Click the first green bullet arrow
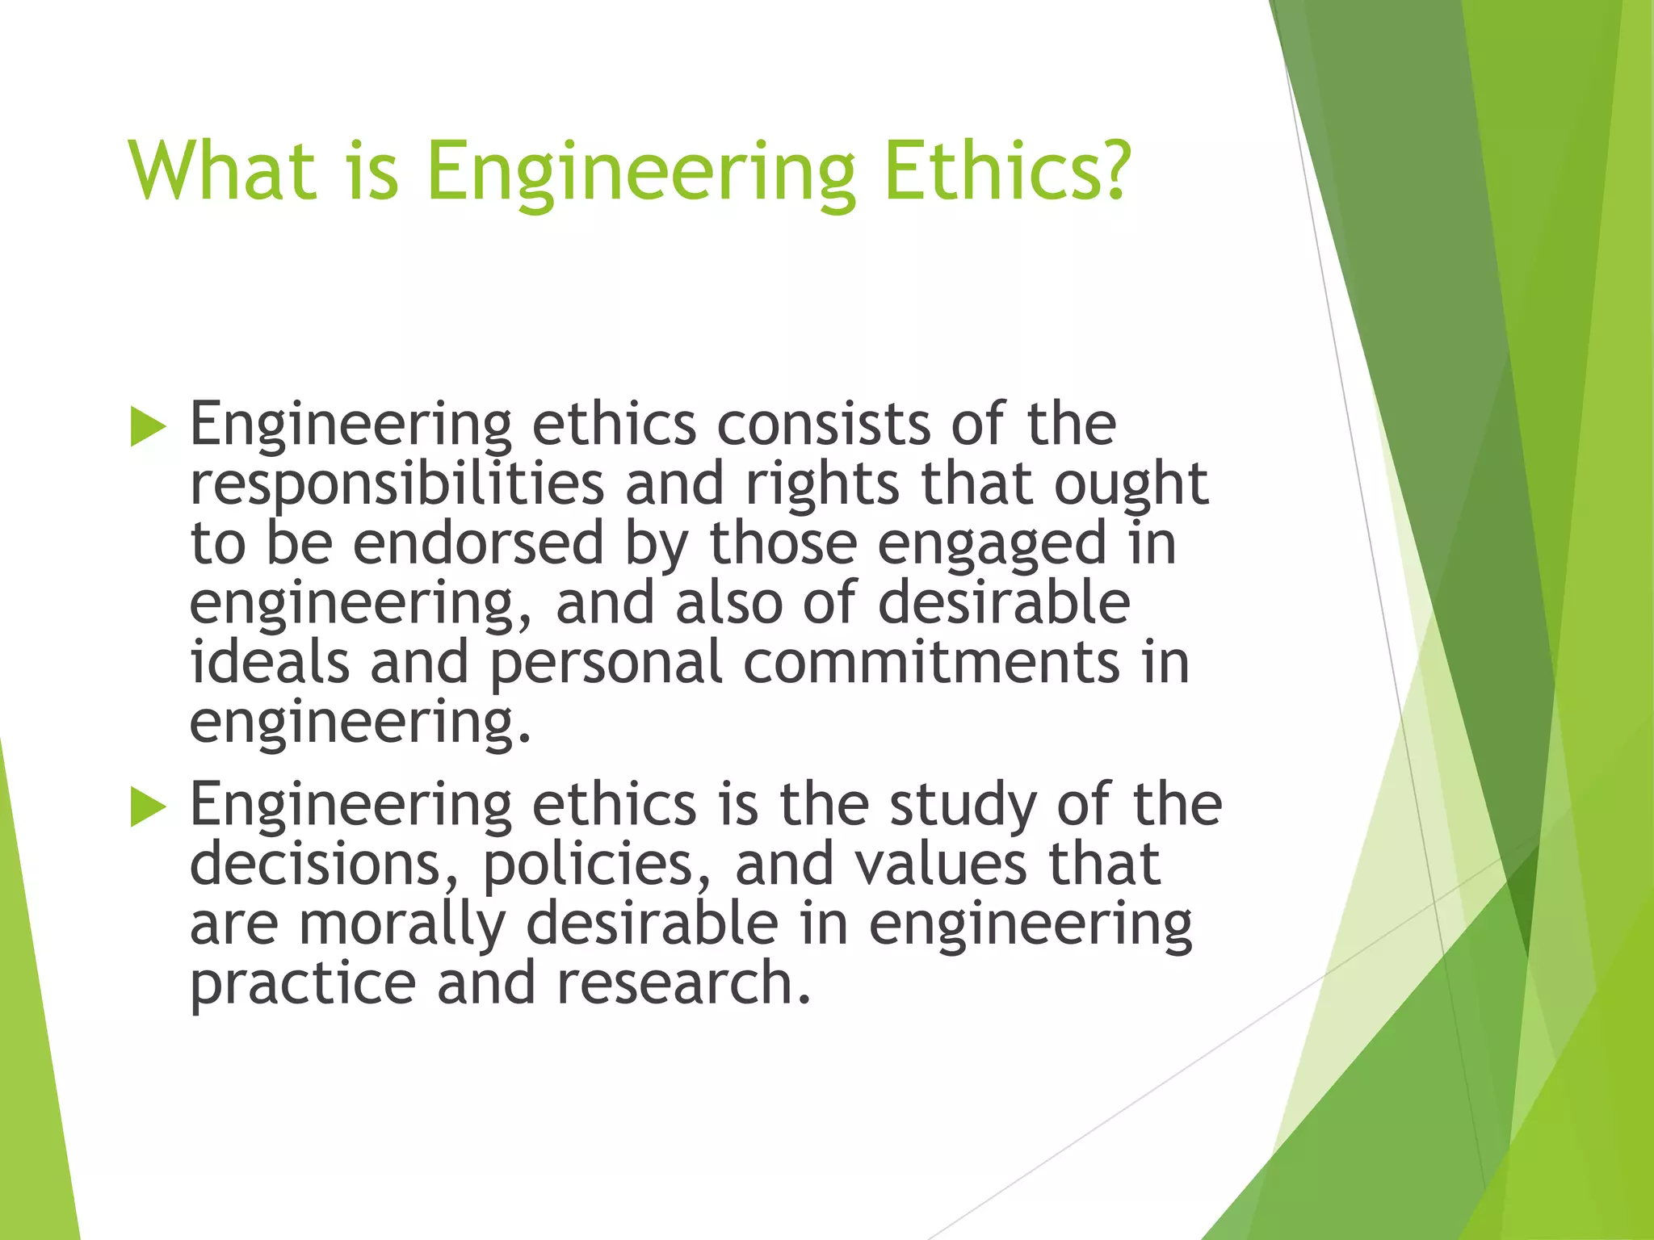tap(148, 426)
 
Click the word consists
tap(823, 425)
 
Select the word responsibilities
tap(397, 485)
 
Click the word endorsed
tap(478, 543)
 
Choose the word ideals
tap(270, 662)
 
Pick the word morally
tap(402, 925)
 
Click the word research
tap(683, 983)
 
